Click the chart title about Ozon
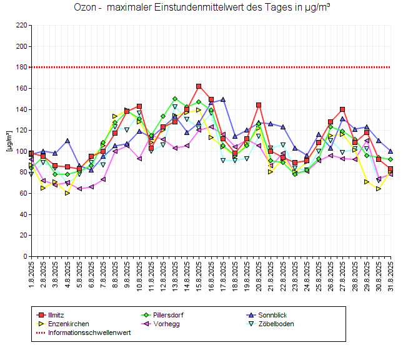click(x=201, y=8)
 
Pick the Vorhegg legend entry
click(x=162, y=324)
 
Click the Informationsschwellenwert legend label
click(x=89, y=332)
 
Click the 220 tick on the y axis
click(x=21, y=26)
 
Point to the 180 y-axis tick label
click(x=21, y=67)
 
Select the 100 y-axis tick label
click(x=21, y=151)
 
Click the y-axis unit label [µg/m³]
click(x=8, y=141)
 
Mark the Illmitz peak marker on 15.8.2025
click(x=199, y=86)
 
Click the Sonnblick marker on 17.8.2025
click(x=223, y=99)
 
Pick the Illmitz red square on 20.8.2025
click(x=259, y=105)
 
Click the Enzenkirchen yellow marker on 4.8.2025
click(x=67, y=192)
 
